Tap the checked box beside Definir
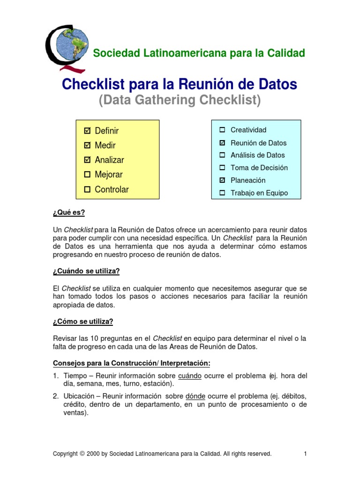point(87,131)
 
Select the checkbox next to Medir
point(87,145)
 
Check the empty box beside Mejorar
point(87,174)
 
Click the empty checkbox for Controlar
point(87,189)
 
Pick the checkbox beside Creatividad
point(222,130)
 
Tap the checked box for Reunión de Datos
point(222,142)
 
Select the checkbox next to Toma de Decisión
point(222,167)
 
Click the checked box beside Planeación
point(222,180)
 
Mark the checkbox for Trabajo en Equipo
point(222,193)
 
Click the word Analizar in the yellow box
point(109,160)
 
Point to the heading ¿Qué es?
point(69,212)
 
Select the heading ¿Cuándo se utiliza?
point(86,271)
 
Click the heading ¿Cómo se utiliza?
point(83,321)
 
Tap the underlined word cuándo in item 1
point(190,375)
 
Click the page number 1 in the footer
point(305,454)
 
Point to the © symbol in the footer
point(82,454)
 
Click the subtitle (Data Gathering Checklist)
point(179,100)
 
